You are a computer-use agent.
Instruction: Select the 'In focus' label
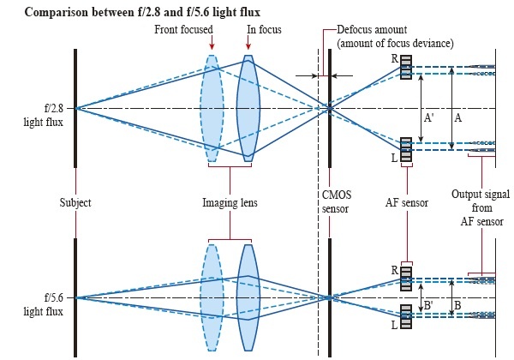click(x=264, y=30)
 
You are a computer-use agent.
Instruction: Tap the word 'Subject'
click(x=75, y=203)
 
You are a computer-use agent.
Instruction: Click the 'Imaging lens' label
click(x=230, y=203)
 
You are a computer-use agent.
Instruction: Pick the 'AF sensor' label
click(x=406, y=203)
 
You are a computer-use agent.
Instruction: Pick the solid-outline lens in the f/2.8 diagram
click(x=248, y=108)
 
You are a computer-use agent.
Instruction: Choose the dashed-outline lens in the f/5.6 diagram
click(x=211, y=297)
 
